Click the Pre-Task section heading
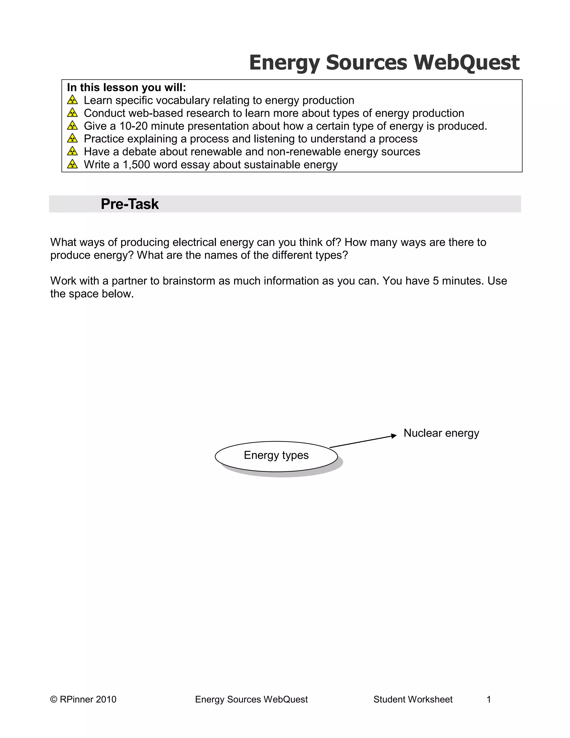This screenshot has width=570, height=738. tap(130, 204)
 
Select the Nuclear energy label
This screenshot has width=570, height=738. tap(441, 433)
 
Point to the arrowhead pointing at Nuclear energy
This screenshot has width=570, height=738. tap(394, 436)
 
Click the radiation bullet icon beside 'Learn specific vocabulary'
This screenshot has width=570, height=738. tap(72, 100)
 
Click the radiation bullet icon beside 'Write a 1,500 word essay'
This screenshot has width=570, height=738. tap(72, 165)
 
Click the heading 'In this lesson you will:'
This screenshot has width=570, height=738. tap(126, 87)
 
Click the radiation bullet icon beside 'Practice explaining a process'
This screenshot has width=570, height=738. tap(72, 139)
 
